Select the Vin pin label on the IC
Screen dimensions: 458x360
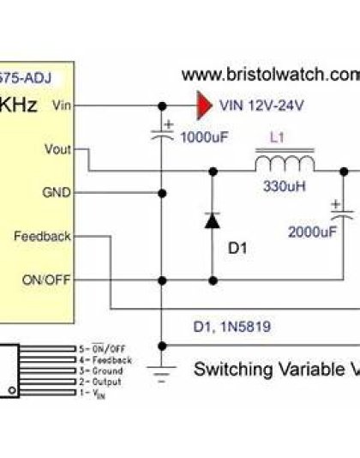(x=62, y=105)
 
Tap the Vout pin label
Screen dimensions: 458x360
(x=57, y=149)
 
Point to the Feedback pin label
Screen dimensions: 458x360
(x=42, y=236)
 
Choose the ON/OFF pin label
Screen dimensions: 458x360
(x=48, y=280)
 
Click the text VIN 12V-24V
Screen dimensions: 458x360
(x=261, y=106)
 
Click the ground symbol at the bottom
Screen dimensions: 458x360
(x=160, y=368)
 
